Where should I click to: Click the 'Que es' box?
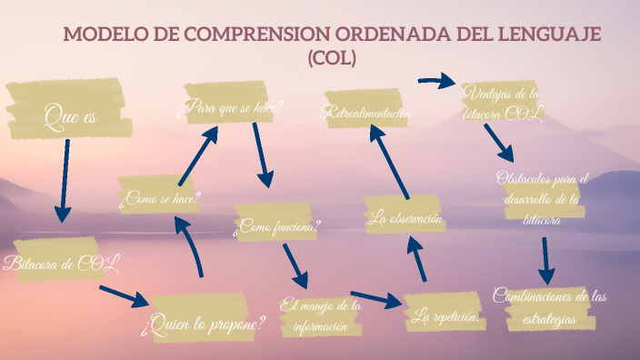coord(67,115)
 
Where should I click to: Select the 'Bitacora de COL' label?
coord(62,264)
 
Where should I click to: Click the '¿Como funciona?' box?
coord(277,226)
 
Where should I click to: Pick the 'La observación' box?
coord(405,218)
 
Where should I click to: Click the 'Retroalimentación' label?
coord(365,114)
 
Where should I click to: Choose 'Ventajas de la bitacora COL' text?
coord(502,103)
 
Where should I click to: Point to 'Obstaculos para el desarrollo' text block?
coord(543,197)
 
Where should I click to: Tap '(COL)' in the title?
coord(332,58)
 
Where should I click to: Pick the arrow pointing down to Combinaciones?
coord(545,261)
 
